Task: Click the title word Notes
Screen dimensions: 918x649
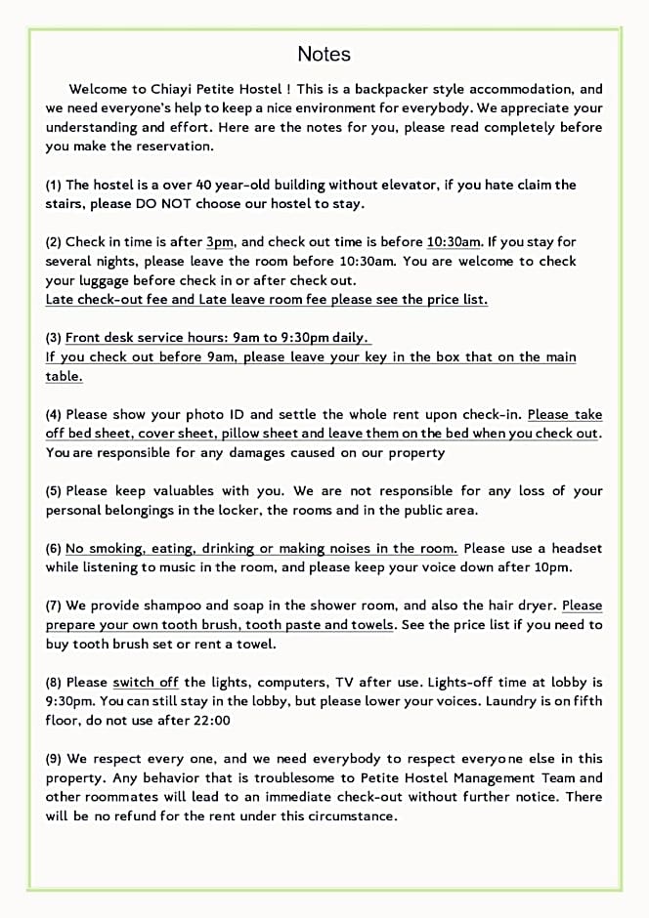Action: [x=324, y=54]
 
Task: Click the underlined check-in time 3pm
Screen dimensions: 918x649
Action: [x=220, y=242]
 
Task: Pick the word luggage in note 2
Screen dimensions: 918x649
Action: [x=107, y=280]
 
